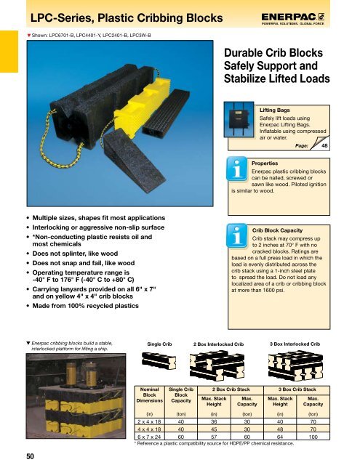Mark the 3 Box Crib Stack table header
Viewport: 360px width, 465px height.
click(x=300, y=390)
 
